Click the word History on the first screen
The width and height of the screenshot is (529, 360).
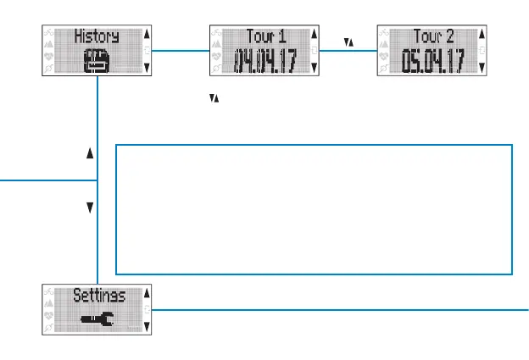click(95, 36)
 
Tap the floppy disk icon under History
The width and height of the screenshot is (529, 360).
click(95, 62)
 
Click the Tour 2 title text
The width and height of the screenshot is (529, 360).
click(432, 36)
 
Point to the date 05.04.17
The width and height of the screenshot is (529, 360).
click(432, 62)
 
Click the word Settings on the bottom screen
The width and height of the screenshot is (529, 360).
click(98, 296)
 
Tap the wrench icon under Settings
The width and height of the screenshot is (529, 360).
click(95, 320)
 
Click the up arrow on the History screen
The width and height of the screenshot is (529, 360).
click(148, 35)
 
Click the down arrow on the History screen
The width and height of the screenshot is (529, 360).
click(148, 67)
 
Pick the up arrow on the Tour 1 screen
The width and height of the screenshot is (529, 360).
click(315, 35)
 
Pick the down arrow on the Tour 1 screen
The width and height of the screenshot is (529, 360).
click(315, 67)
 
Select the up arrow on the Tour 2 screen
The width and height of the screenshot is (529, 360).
click(483, 35)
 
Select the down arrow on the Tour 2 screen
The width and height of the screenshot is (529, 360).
click(483, 67)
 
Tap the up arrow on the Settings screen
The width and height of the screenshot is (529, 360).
click(148, 294)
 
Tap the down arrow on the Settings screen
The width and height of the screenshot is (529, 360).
click(148, 326)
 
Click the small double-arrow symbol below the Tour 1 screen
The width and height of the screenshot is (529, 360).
click(214, 99)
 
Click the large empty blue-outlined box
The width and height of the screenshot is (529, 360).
click(313, 209)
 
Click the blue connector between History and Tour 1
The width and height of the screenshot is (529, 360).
click(180, 50)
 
